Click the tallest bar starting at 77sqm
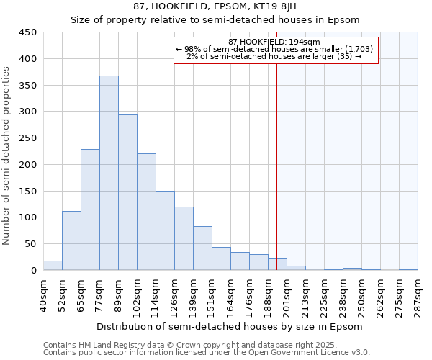click(x=109, y=173)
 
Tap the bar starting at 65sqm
click(x=90, y=210)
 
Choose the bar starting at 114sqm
click(x=165, y=230)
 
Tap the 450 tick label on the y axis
click(x=28, y=32)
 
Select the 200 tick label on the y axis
click(x=28, y=165)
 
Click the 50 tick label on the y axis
click(x=31, y=244)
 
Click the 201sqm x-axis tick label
click(x=287, y=293)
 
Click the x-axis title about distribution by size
click(x=229, y=326)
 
